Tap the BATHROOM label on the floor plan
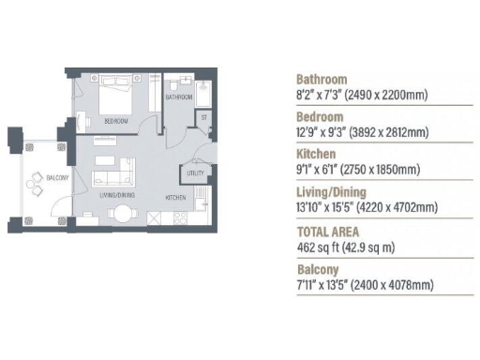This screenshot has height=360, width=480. point(178,97)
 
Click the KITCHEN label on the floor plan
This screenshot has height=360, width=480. point(175,198)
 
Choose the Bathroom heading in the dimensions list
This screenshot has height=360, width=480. point(322,80)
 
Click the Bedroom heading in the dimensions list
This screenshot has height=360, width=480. point(320,117)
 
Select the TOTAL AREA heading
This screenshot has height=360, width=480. point(328,231)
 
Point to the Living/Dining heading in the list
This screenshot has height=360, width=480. point(334,192)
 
